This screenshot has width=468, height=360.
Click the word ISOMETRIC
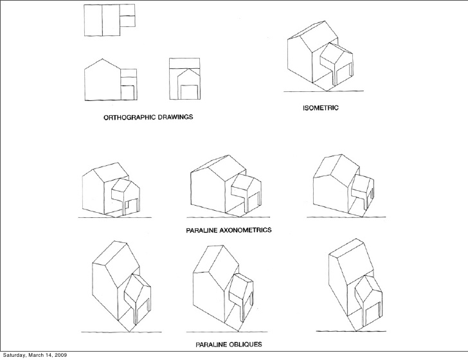pyautogui.click(x=321, y=108)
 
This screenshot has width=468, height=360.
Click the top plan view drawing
pyautogui.click(x=109, y=20)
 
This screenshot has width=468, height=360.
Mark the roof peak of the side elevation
pyautogui.click(x=102, y=60)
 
